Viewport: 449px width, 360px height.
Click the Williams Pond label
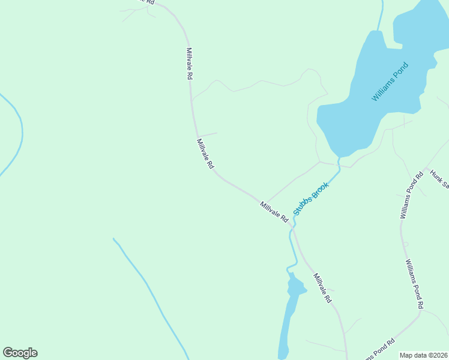(x=390, y=81)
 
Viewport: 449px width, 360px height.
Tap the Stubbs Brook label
(x=311, y=199)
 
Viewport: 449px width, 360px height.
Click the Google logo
(x=20, y=353)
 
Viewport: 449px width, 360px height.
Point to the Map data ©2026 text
(x=423, y=355)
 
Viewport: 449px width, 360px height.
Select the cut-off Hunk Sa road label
(x=439, y=178)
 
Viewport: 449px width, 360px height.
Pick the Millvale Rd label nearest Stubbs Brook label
(x=274, y=212)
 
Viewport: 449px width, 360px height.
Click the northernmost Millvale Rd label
(x=189, y=64)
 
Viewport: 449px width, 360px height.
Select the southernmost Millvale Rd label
(x=322, y=287)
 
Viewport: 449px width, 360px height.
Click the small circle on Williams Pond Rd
(x=406, y=244)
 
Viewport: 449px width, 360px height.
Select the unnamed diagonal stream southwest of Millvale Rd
(x=150, y=294)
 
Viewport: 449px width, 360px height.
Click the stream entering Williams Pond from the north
(x=380, y=15)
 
